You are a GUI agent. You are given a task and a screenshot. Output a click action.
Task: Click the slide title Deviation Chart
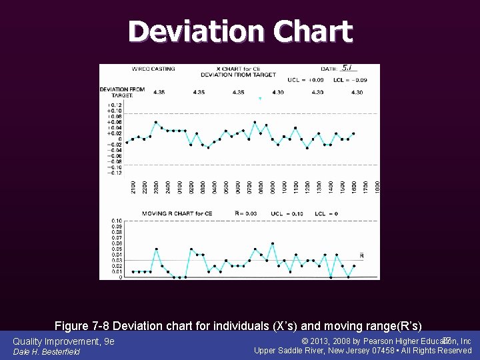pyautogui.click(x=240, y=31)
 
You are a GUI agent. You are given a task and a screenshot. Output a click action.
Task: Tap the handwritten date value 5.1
pyautogui.click(x=347, y=68)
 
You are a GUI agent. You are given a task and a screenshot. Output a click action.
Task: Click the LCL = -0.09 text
pyautogui.click(x=351, y=80)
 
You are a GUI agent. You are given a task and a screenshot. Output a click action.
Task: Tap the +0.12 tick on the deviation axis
pyautogui.click(x=114, y=105)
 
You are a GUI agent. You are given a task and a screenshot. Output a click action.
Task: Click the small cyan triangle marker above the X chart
pyautogui.click(x=260, y=99)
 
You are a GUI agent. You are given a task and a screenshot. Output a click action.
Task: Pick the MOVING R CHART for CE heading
pyautogui.click(x=177, y=214)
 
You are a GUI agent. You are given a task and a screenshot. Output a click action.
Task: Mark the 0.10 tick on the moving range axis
pyautogui.click(x=116, y=221)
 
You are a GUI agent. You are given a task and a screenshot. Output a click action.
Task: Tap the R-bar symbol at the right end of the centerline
pyautogui.click(x=362, y=255)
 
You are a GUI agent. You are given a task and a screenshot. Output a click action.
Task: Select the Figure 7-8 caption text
pyautogui.click(x=238, y=326)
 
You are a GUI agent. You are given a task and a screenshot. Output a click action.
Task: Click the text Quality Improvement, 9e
pyautogui.click(x=63, y=341)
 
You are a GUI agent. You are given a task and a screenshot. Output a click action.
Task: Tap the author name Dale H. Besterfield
pyautogui.click(x=47, y=351)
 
